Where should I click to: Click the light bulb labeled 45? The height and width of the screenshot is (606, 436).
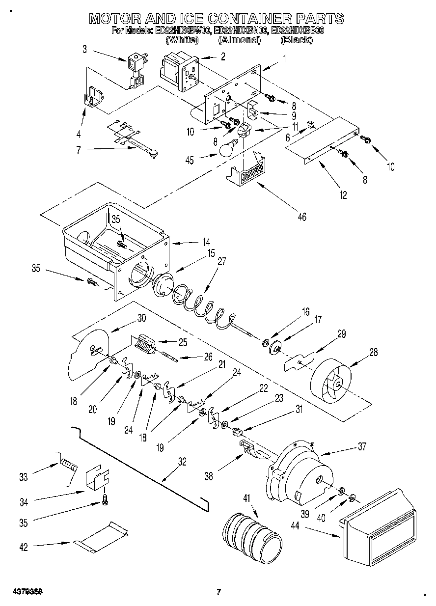tap(226, 149)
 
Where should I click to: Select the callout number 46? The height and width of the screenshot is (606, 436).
tap(301, 217)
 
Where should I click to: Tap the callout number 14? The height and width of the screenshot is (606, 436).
tap(207, 242)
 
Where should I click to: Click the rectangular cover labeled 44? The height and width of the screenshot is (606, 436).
tap(380, 526)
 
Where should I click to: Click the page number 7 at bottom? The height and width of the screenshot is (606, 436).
tap(219, 591)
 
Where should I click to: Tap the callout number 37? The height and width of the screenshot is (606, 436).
tap(362, 446)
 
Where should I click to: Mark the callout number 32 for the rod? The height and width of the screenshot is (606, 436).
tap(182, 461)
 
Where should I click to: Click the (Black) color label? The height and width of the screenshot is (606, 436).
tap(296, 40)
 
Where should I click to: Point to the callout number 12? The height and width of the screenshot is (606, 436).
tap(343, 195)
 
